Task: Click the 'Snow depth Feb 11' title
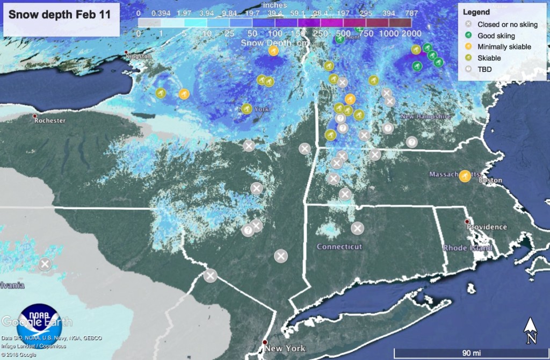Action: (x=60, y=15)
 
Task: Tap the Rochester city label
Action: (x=49, y=121)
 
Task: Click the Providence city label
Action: (x=486, y=227)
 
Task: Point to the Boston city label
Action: (x=494, y=181)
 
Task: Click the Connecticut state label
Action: (x=339, y=247)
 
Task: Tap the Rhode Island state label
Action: (x=467, y=248)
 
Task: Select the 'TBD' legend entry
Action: (x=484, y=69)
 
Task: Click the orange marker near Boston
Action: (x=465, y=176)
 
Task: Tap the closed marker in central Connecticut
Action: (x=357, y=228)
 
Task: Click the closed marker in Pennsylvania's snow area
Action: (x=45, y=264)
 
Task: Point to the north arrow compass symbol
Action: (x=531, y=330)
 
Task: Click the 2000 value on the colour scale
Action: (x=410, y=33)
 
